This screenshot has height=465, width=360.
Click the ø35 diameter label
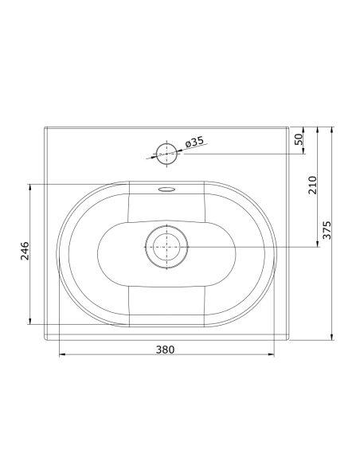(x=194, y=142)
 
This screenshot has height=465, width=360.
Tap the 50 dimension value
(x=299, y=139)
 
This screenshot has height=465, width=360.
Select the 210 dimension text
(x=312, y=185)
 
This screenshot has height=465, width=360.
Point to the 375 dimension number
(x=327, y=230)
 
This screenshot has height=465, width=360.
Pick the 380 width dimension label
(x=165, y=349)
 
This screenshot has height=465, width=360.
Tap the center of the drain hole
(x=166, y=245)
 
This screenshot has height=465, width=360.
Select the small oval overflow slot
(x=166, y=190)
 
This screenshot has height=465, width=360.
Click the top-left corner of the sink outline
(x=45, y=127)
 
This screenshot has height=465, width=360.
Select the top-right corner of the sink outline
(x=288, y=127)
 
